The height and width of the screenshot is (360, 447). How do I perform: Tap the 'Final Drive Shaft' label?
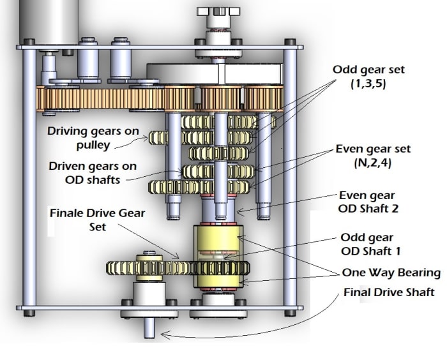(x=389, y=293)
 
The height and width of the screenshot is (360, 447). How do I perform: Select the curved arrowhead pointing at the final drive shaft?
(x=163, y=333)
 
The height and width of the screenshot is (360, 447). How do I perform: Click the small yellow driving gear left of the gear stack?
(x=158, y=136)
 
